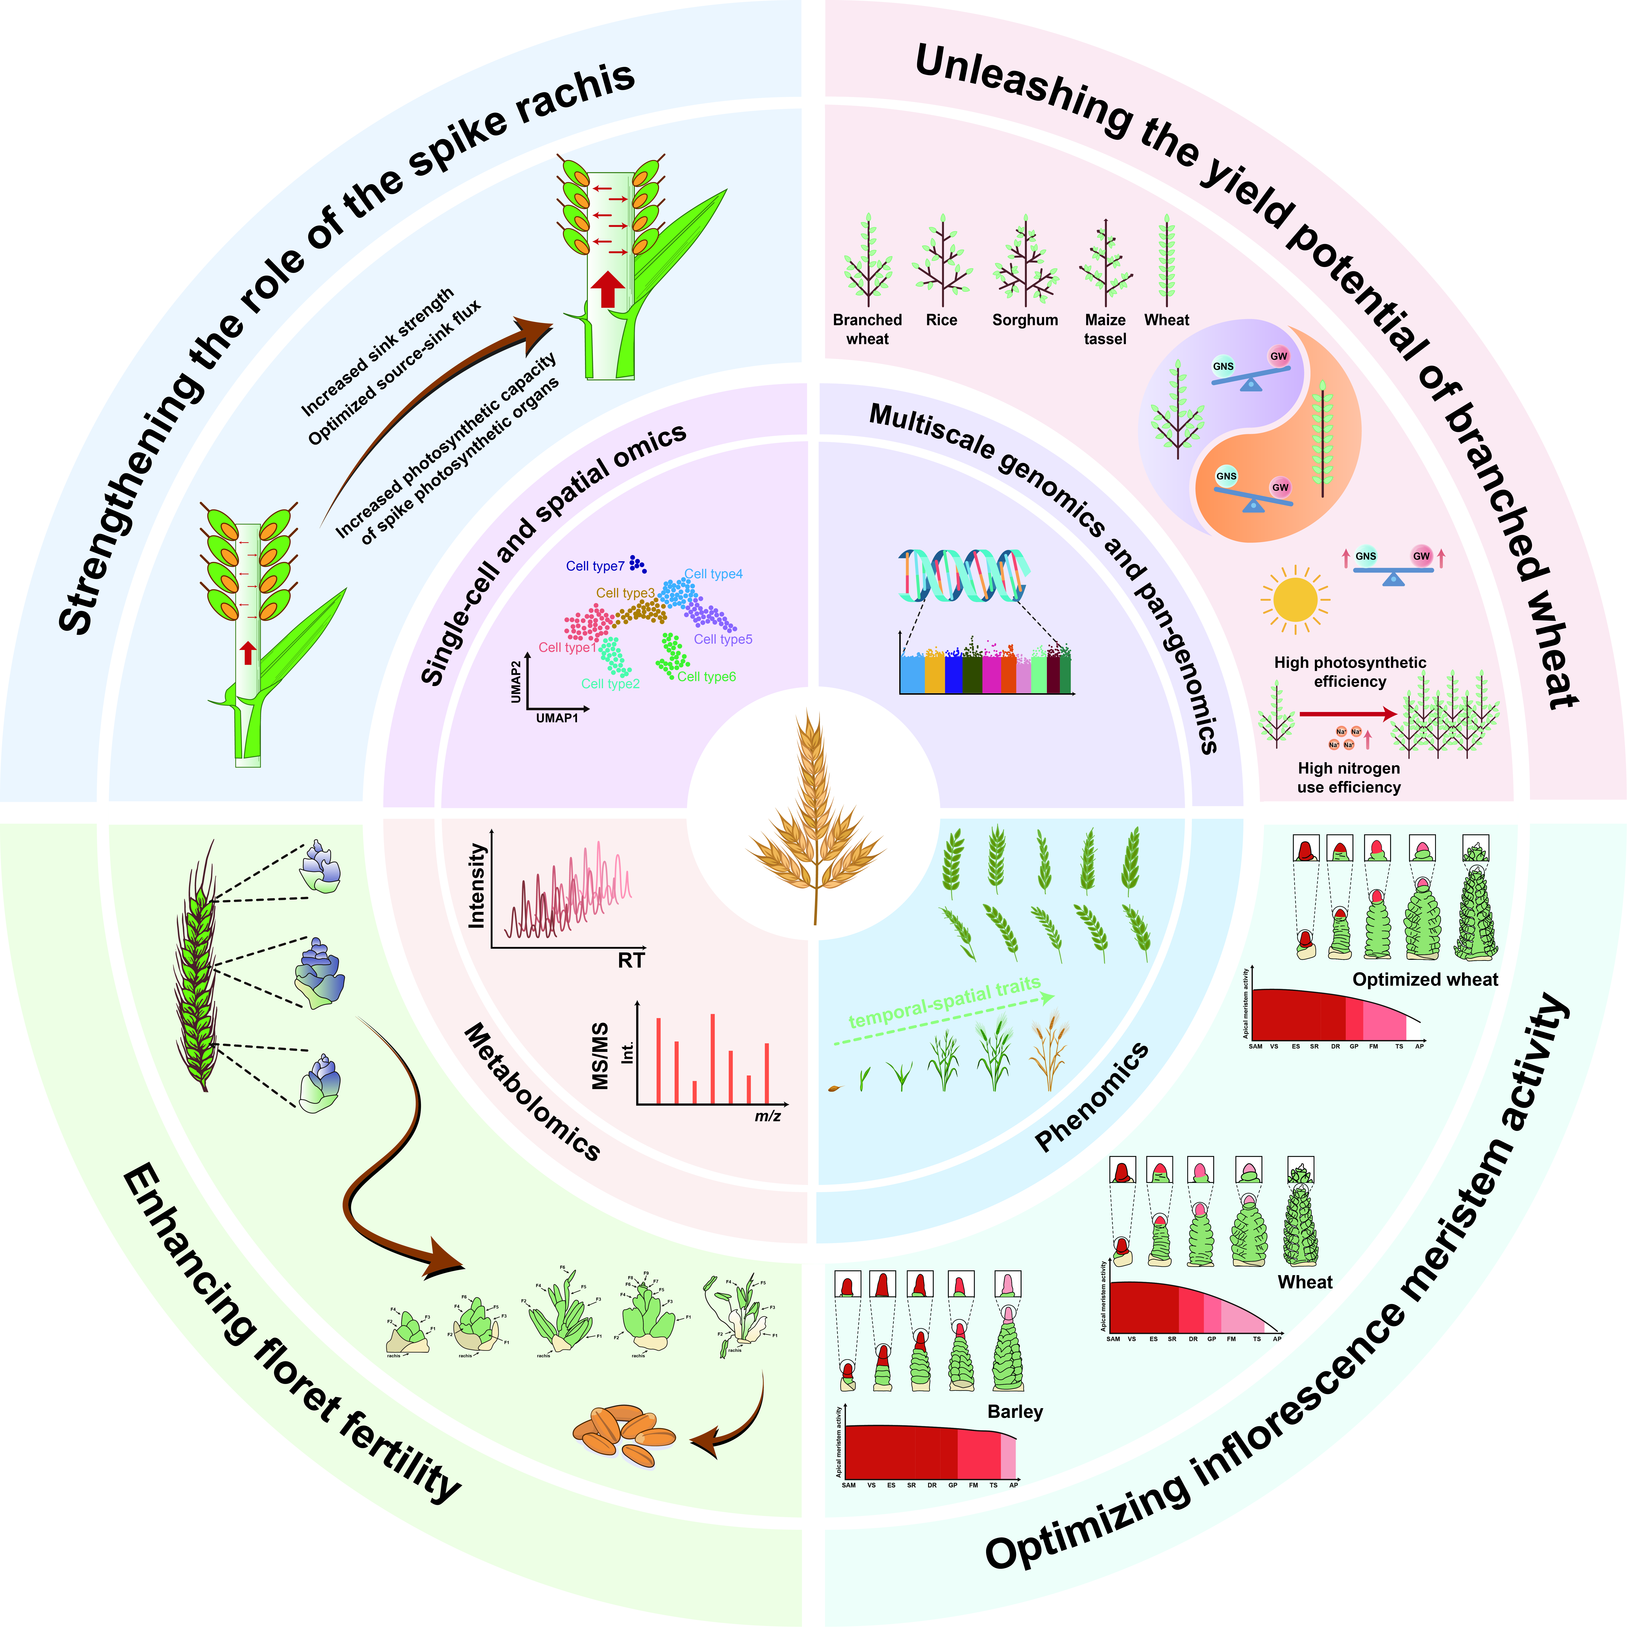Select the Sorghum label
coord(1025,320)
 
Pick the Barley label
coord(1015,1411)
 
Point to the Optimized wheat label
coord(1425,979)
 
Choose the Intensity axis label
coord(477,886)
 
